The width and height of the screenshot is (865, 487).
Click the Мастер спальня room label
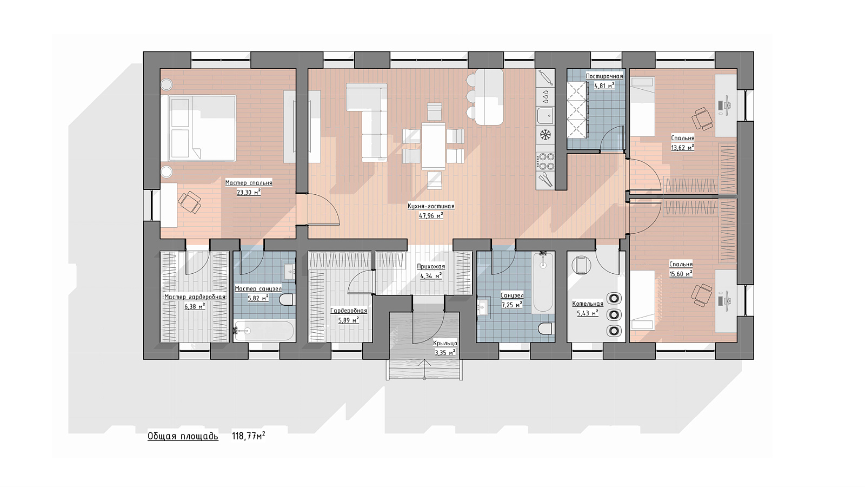pyautogui.click(x=249, y=183)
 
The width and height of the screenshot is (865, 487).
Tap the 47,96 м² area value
pyautogui.click(x=431, y=216)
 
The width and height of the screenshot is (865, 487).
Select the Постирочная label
pyautogui.click(x=604, y=76)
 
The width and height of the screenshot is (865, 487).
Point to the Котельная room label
pyautogui.click(x=588, y=304)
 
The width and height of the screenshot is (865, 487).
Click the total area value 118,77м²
pyautogui.click(x=248, y=436)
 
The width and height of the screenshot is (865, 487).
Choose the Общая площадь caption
pyautogui.click(x=183, y=437)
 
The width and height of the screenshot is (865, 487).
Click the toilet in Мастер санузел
pyautogui.click(x=287, y=300)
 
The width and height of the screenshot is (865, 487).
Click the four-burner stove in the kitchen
pyautogui.click(x=545, y=162)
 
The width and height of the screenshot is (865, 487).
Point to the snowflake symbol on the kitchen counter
pyautogui.click(x=545, y=135)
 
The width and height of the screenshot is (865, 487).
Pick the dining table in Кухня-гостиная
pyautogui.click(x=433, y=146)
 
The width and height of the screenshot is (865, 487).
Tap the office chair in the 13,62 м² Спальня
pyautogui.click(x=702, y=119)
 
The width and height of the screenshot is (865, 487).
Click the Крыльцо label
pyautogui.click(x=445, y=343)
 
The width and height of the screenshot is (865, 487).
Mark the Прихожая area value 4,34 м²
pyautogui.click(x=431, y=276)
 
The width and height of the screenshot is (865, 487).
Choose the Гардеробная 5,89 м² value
pyautogui.click(x=349, y=320)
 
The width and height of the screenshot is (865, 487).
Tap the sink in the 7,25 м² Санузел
pyautogui.click(x=483, y=308)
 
